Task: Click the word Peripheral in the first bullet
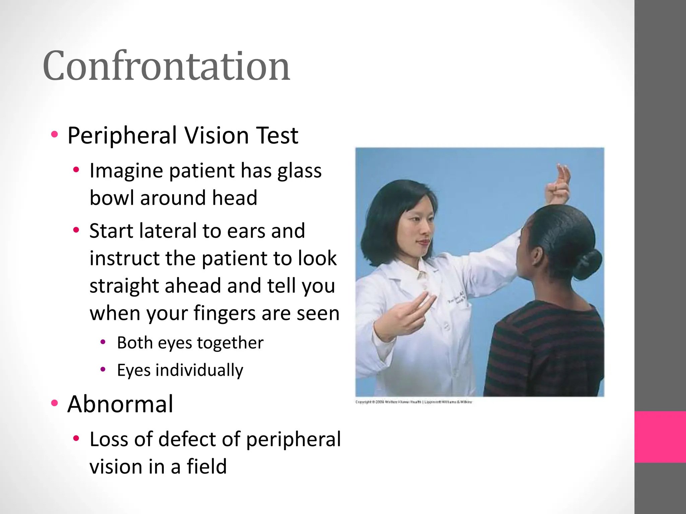coord(122,136)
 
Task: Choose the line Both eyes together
coord(190,343)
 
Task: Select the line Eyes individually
coord(180,370)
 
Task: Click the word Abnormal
coord(120,404)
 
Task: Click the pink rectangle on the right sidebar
coord(660,437)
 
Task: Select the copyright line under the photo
coord(413,402)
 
